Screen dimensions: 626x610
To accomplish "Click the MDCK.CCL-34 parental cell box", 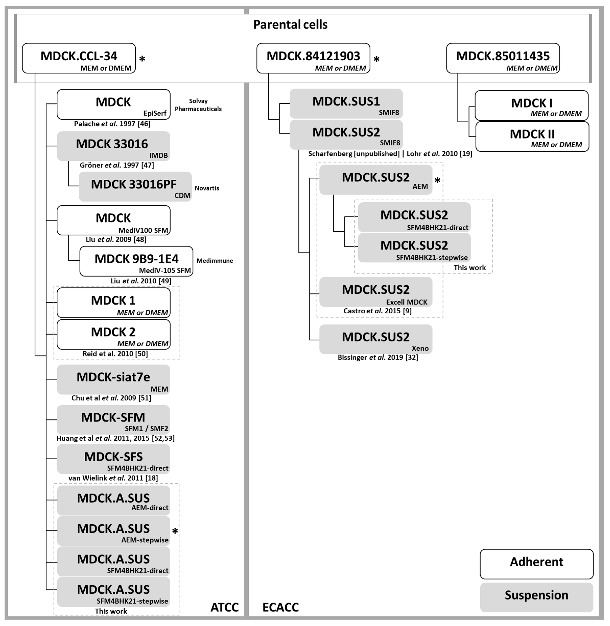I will (x=79, y=58).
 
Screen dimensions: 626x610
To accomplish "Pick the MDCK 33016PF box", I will (x=135, y=187).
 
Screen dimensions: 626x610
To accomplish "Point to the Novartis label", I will (x=207, y=188).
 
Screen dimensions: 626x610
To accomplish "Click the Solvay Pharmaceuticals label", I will (x=198, y=105).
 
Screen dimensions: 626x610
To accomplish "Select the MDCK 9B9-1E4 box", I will (x=136, y=261).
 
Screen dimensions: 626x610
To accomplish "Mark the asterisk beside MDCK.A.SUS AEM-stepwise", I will (x=175, y=531).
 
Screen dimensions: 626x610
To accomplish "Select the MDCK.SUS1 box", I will (x=346, y=104).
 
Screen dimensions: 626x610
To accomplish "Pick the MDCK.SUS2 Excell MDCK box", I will (x=376, y=292).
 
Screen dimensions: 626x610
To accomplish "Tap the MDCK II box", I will (x=532, y=136).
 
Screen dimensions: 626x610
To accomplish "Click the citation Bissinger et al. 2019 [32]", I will (x=378, y=357).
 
